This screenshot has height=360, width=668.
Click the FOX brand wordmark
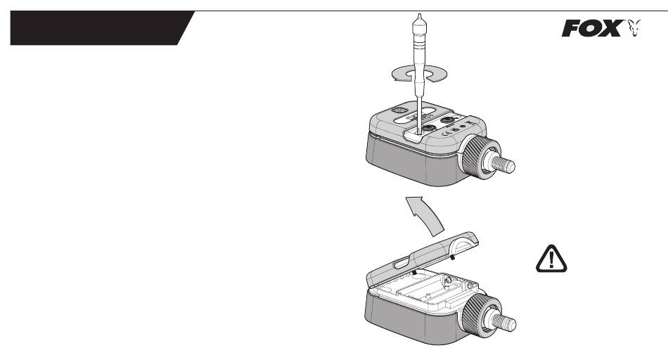pos(593,29)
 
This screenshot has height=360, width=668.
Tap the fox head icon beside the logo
pos(634,28)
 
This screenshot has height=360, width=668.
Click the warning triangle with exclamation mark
pos(551,259)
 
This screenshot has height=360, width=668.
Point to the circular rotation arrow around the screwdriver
pos(419,74)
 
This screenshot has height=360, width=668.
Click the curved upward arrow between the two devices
pos(425,215)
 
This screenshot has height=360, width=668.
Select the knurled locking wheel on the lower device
pos(477,314)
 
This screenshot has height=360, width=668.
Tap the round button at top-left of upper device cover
pos(399,110)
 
